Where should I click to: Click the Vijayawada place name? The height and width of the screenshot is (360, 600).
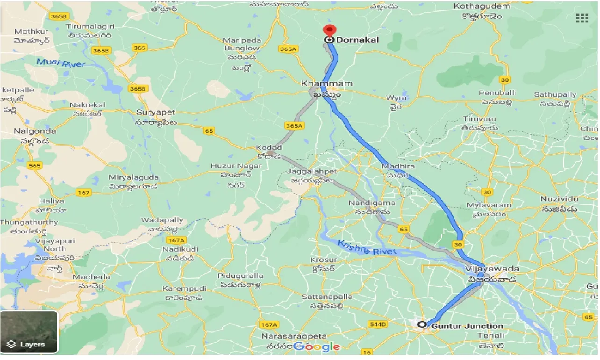(492, 269)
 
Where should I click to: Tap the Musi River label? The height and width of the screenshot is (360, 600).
(61, 62)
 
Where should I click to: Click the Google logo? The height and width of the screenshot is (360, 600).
(317, 346)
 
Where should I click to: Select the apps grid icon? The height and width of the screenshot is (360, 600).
(582, 18)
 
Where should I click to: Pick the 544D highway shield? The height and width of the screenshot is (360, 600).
(378, 324)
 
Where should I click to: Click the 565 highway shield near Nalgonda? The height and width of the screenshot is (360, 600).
(35, 165)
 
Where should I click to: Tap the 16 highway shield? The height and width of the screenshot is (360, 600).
(367, 352)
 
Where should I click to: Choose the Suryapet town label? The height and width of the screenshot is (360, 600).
(156, 113)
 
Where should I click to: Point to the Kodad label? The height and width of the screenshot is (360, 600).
(269, 148)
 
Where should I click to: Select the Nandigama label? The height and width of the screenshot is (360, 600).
(372, 203)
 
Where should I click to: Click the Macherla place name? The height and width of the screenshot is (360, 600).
(92, 277)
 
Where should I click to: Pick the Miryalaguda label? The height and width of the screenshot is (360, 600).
(134, 178)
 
